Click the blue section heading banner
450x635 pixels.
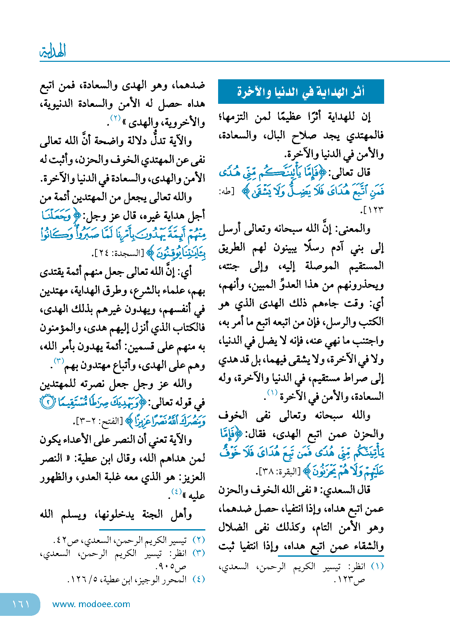(x=301, y=91)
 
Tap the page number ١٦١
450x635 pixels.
(x=21, y=604)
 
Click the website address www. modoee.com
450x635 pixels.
(x=91, y=604)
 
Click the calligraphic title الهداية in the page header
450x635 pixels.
(x=53, y=51)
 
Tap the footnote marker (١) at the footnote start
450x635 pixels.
(x=377, y=566)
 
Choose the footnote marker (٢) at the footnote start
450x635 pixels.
(x=198, y=540)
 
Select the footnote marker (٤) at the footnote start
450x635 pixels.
(x=198, y=579)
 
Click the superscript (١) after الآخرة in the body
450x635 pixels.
(x=272, y=392)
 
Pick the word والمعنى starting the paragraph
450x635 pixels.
(x=355, y=229)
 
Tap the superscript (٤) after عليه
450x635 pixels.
(x=176, y=492)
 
